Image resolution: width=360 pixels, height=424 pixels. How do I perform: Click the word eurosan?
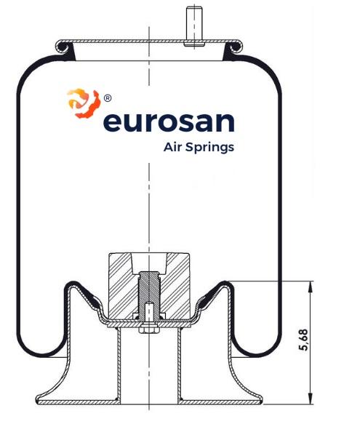click(169, 123)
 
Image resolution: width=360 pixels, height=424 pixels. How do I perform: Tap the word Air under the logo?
click(172, 147)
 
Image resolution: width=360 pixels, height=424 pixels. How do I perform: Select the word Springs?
click(209, 148)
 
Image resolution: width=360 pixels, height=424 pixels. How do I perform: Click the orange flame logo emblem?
click(84, 103)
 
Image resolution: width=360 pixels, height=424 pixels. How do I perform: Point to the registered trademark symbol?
click(108, 98)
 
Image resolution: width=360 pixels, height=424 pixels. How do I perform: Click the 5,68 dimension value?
click(304, 340)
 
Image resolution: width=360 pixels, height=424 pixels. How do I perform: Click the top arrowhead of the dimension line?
click(311, 287)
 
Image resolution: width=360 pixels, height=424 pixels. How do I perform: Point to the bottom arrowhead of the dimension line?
click(311, 399)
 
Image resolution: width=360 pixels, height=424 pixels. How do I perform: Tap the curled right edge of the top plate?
click(234, 47)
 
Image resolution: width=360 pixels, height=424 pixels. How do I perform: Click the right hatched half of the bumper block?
click(175, 287)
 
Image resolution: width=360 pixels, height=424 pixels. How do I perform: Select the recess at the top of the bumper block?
click(149, 263)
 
